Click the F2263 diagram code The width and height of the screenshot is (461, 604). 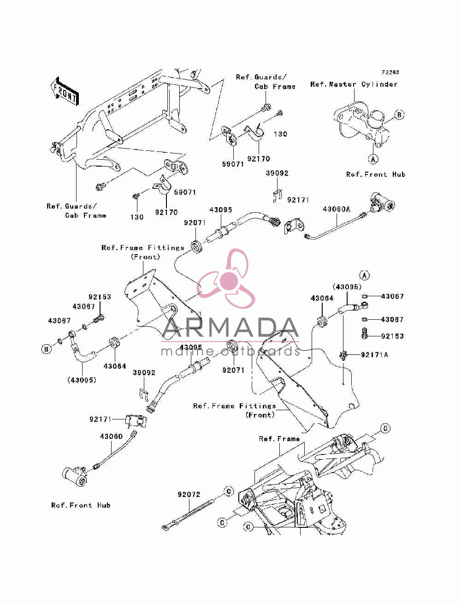click(390, 72)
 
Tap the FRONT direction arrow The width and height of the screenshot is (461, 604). click(65, 91)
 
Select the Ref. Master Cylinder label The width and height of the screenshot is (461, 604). click(354, 84)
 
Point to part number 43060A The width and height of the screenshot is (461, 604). click(337, 209)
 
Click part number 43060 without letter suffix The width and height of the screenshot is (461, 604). click(111, 437)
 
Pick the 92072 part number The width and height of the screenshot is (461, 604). click(189, 495)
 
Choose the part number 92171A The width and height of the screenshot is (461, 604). click(374, 355)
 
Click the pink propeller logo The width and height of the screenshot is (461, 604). click(226, 279)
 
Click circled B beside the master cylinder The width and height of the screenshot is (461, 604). click(399, 115)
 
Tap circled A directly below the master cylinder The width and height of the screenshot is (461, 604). click(373, 159)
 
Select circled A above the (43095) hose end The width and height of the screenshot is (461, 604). click(365, 275)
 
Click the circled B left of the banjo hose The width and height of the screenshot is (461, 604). click(46, 349)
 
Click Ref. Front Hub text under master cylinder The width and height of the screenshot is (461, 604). click(376, 174)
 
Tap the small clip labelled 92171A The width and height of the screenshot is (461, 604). click(343, 355)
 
